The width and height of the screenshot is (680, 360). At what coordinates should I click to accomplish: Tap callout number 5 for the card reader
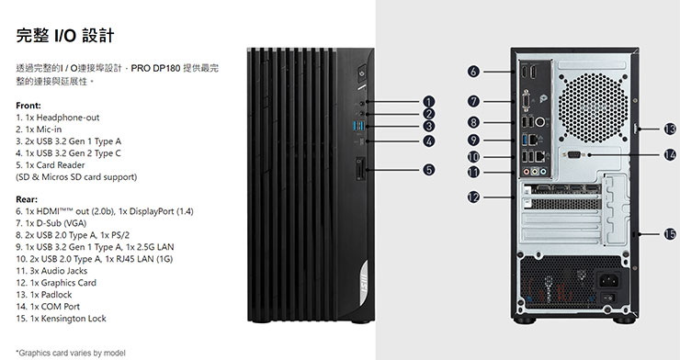pyautogui.click(x=428, y=169)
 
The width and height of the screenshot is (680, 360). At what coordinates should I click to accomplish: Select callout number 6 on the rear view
pyautogui.click(x=472, y=72)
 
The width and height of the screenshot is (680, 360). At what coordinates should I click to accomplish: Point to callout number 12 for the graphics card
pyautogui.click(x=472, y=196)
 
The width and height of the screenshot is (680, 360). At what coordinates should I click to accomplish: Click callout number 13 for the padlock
pyautogui.click(x=669, y=129)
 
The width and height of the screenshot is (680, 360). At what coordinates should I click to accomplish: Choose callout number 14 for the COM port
pyautogui.click(x=669, y=154)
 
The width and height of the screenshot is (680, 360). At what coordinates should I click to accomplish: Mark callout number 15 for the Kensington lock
pyautogui.click(x=669, y=233)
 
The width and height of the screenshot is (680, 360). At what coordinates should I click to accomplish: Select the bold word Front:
pyautogui.click(x=28, y=106)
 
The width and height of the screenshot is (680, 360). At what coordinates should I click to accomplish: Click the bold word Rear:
pyautogui.click(x=27, y=198)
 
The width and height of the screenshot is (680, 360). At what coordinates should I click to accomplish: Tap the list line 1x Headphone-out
pyautogui.click(x=57, y=118)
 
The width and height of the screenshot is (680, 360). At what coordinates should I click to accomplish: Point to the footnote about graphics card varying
pyautogui.click(x=72, y=350)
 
